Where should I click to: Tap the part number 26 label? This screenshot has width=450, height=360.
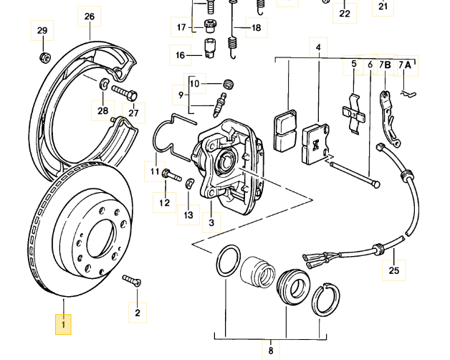tap(89, 16)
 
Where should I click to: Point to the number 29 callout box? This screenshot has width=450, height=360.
tap(42, 30)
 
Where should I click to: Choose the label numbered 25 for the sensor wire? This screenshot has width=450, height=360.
tap(393, 270)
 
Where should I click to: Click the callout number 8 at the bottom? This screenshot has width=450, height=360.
tap(271, 351)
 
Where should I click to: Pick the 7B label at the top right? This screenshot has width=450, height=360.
tap(385, 65)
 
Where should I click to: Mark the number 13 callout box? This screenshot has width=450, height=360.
tap(188, 214)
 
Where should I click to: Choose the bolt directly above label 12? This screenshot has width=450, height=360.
tap(168, 174)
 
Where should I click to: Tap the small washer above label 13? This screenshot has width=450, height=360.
tap(188, 185)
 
